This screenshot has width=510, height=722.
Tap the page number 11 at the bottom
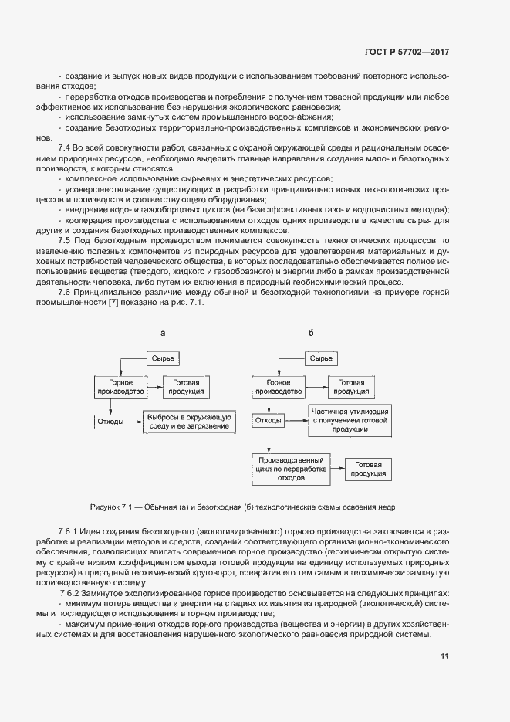coord(444,656)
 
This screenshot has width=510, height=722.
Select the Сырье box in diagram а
coord(162,358)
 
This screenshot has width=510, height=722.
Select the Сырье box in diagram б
coord(320,358)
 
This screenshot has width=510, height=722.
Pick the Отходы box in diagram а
coord(110,421)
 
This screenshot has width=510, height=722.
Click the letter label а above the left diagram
coord(162,333)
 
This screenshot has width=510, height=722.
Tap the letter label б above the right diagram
coord(311,333)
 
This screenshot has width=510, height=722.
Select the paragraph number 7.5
coord(65,241)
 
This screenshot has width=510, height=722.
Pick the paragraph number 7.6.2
coord(72,592)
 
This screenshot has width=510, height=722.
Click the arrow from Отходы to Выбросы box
coord(133,421)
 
